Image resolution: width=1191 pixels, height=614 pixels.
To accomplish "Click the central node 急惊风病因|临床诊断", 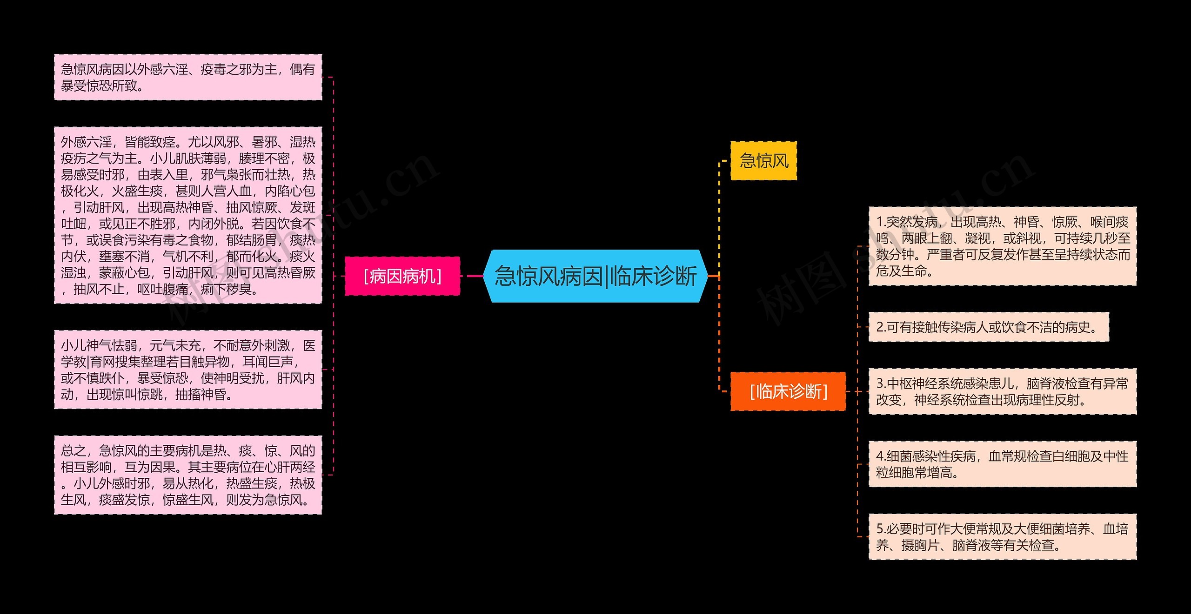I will pos(595,276).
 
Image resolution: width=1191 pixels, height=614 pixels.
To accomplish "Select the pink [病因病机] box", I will pos(402,276).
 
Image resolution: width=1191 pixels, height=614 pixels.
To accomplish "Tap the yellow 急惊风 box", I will pos(764,161).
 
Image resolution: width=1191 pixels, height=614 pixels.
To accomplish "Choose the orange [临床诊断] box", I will pos(789,391).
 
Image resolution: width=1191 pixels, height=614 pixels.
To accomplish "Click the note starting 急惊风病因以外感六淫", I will pos(188,77).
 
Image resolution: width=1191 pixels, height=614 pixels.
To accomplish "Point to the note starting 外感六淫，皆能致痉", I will pos(188,215).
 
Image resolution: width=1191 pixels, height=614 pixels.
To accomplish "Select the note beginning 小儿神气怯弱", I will pos(188,370).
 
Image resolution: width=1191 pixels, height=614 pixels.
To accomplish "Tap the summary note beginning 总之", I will pos(188,475).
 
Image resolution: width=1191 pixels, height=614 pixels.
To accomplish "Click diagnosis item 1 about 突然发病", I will pos(1003,246).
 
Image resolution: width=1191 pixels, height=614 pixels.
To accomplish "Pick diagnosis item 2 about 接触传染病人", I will pos(989,327).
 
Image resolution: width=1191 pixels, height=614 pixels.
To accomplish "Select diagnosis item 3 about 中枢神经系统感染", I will pos(1003,391).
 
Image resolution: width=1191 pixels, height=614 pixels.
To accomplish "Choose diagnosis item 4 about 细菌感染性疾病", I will pos(1003,464).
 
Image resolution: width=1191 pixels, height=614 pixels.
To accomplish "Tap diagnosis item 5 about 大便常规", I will pos(1003,536).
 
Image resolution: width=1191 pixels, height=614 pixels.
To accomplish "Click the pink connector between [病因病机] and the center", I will pos(472,276).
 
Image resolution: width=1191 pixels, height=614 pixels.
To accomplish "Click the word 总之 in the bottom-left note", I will pos(74,451).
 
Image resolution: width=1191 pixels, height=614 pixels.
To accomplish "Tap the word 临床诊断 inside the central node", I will pos(653,276).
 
